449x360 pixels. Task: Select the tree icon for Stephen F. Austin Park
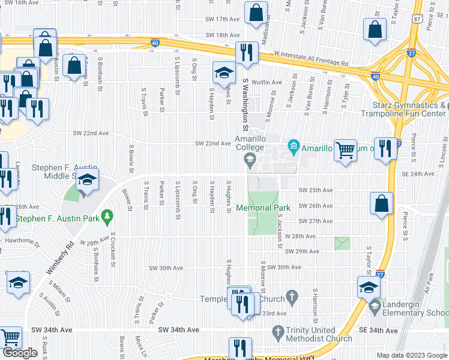pos(107,215)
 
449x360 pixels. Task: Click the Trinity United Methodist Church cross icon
pos(278,331)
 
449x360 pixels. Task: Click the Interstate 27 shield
pos(411,53)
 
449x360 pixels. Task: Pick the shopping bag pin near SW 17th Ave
pos(256,13)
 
